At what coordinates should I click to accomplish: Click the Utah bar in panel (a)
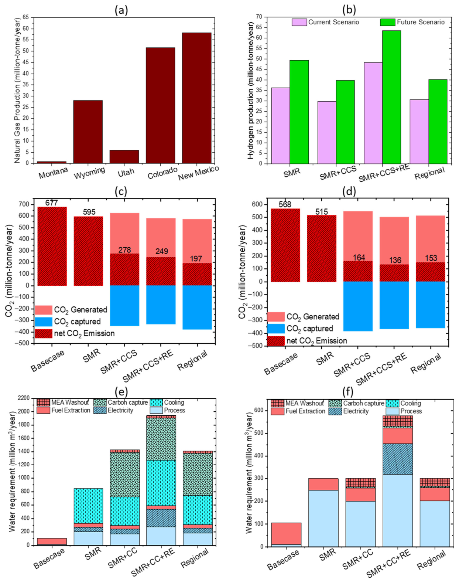(124, 157)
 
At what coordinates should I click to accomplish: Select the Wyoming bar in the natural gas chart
(88, 132)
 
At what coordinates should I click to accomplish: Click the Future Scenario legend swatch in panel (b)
(387, 22)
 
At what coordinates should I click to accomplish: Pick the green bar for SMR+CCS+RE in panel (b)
(391, 97)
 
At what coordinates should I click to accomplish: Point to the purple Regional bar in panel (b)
(419, 132)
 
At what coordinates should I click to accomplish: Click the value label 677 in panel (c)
(52, 203)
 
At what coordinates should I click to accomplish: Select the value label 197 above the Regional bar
(196, 258)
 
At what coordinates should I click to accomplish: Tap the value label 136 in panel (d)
(395, 260)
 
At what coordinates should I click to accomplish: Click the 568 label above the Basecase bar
(285, 204)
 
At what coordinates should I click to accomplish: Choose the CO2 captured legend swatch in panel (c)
(44, 322)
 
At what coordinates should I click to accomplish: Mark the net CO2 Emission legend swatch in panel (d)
(276, 341)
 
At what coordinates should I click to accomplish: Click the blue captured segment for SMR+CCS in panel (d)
(358, 306)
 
